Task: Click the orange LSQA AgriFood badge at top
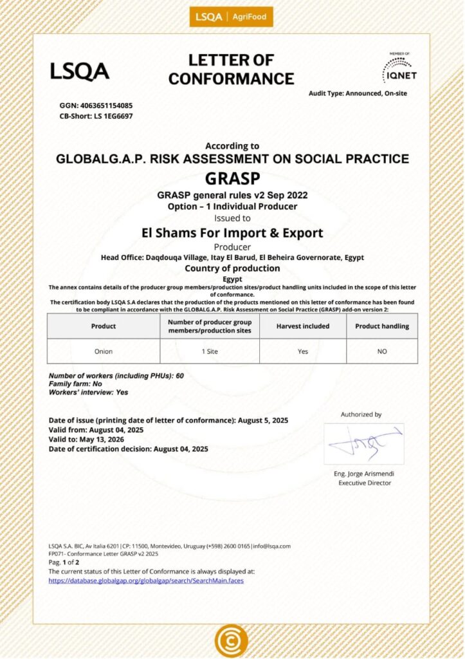click(x=231, y=17)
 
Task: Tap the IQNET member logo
click(x=399, y=68)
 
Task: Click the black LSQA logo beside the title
click(x=80, y=71)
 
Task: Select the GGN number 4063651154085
click(x=96, y=105)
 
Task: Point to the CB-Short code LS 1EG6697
click(x=96, y=116)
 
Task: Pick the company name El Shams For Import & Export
click(x=232, y=233)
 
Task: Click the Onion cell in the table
click(x=104, y=351)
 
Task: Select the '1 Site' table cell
click(x=210, y=351)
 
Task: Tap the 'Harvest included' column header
click(x=303, y=326)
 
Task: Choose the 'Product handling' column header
click(x=382, y=326)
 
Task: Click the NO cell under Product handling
click(x=382, y=351)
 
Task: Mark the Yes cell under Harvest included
click(x=303, y=351)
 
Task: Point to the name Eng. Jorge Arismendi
click(x=364, y=474)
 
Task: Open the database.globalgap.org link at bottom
click(x=146, y=580)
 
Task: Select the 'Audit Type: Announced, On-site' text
click(x=358, y=93)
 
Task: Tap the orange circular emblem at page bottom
click(x=231, y=641)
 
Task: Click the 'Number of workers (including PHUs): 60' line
click(x=116, y=375)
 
